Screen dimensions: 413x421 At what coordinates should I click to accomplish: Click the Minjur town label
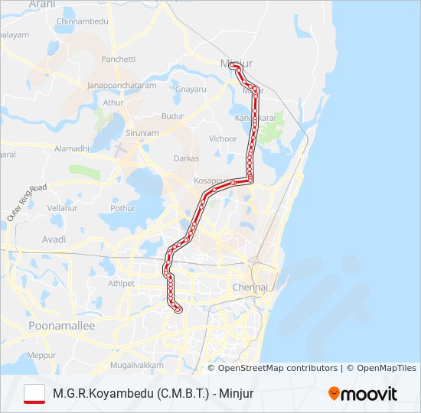(236, 61)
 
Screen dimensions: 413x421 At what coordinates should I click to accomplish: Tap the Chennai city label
(250, 288)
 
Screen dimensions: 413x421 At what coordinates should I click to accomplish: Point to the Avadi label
(54, 239)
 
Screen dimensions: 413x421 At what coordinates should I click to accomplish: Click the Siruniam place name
(142, 132)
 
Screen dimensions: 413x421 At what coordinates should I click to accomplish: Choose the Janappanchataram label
(122, 86)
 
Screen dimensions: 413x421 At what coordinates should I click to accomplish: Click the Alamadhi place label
(73, 148)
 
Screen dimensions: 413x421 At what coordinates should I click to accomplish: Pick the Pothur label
(122, 207)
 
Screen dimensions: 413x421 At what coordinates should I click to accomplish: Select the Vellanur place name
(62, 207)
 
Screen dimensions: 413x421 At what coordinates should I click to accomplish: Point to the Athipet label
(121, 283)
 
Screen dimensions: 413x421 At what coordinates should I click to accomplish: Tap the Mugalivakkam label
(137, 366)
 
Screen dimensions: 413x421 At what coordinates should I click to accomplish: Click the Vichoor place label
(224, 139)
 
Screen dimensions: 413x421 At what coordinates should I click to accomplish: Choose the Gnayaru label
(191, 89)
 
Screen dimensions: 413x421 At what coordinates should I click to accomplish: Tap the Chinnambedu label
(83, 21)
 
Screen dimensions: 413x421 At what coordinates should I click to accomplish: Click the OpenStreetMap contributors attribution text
(278, 368)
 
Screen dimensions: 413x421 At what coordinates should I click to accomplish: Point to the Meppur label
(41, 356)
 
